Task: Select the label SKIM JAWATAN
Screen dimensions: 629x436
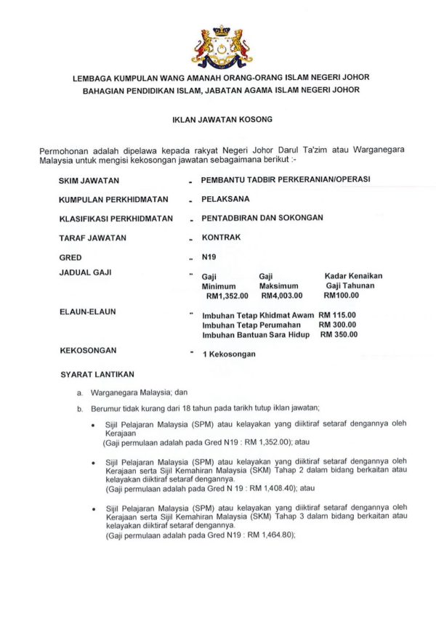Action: (89, 180)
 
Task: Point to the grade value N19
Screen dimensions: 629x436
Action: (209, 257)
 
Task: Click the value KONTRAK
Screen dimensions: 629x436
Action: (221, 238)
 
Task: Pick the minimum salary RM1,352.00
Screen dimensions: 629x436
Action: (227, 296)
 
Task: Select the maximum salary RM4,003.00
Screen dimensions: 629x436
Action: (282, 296)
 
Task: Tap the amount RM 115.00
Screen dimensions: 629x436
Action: (338, 315)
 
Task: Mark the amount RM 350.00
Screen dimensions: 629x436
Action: (339, 335)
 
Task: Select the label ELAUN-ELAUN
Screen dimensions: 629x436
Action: (87, 312)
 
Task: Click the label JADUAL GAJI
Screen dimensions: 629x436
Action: (84, 273)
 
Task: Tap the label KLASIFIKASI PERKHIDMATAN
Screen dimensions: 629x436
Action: (116, 218)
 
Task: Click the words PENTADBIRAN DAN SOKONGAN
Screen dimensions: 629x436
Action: (262, 218)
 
